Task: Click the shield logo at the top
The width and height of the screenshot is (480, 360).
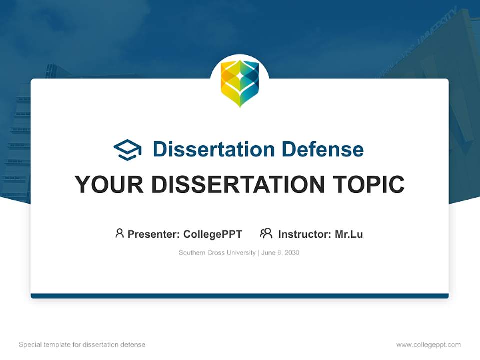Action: coord(240,83)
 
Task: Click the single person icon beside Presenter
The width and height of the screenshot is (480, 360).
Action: coord(119,233)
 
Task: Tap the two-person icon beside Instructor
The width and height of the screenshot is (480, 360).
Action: coord(266,233)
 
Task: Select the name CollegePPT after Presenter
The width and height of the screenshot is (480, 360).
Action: coord(212,234)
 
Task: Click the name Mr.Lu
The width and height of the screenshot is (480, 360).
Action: coord(349,234)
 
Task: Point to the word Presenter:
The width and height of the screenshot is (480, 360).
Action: coord(154,234)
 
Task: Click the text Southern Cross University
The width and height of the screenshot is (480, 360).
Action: coord(217,253)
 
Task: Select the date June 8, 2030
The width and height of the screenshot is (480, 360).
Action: coord(280,253)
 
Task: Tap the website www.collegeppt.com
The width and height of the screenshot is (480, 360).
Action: coord(428,345)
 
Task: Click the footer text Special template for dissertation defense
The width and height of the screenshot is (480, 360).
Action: coord(82,345)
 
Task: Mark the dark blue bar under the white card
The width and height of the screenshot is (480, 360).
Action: coord(240,296)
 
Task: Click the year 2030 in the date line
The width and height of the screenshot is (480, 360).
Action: coord(291,253)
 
